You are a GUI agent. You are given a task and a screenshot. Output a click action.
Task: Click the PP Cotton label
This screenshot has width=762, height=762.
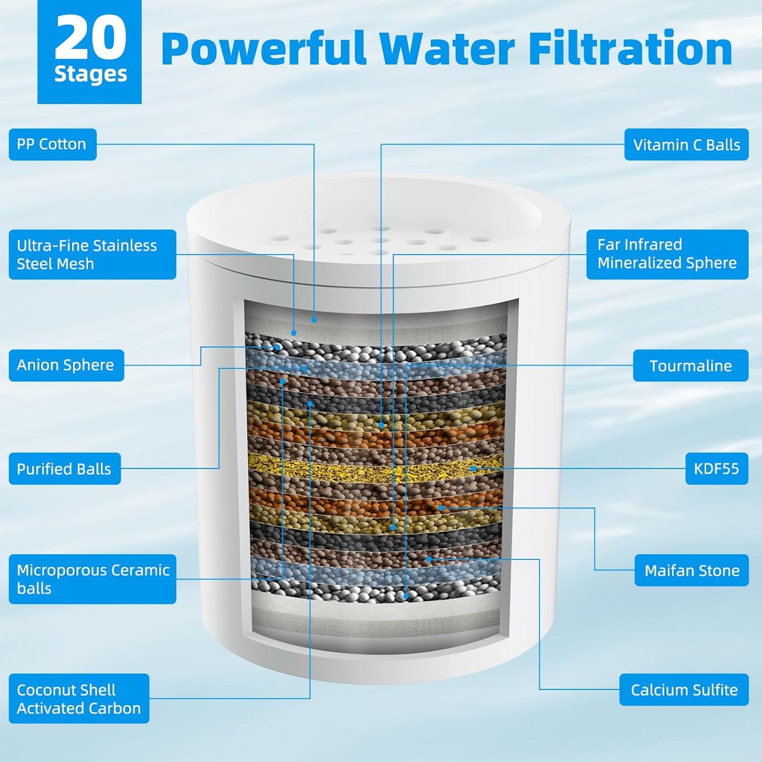(x=52, y=144)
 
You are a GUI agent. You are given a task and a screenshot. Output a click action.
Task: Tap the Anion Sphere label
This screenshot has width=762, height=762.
(x=66, y=365)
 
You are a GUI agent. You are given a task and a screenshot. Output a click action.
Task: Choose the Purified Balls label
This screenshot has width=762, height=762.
(x=64, y=469)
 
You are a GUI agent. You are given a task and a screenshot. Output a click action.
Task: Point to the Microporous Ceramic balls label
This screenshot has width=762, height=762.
(x=92, y=579)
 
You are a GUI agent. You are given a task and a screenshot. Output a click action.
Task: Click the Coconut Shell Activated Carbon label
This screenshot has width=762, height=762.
(x=79, y=699)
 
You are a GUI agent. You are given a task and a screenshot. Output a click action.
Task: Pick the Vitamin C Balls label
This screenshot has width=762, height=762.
(x=686, y=144)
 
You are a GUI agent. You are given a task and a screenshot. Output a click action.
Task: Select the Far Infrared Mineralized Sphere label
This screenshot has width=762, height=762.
(x=667, y=254)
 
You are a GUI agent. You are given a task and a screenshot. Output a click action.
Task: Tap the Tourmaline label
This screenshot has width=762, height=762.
(x=690, y=365)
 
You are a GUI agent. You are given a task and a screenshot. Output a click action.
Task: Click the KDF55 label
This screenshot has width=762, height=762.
(x=716, y=469)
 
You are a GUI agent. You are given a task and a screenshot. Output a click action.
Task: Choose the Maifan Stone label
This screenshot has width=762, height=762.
(x=691, y=570)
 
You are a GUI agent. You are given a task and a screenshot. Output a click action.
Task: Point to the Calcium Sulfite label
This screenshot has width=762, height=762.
(x=684, y=690)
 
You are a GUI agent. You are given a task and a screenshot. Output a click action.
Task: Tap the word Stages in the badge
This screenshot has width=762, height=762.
(x=90, y=74)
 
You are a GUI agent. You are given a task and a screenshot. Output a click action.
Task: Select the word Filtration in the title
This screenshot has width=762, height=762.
(x=630, y=49)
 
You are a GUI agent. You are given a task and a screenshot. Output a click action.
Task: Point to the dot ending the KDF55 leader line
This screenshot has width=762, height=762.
(x=473, y=468)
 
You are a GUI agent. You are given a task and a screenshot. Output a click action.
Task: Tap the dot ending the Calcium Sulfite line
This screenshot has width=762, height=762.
(x=429, y=558)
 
